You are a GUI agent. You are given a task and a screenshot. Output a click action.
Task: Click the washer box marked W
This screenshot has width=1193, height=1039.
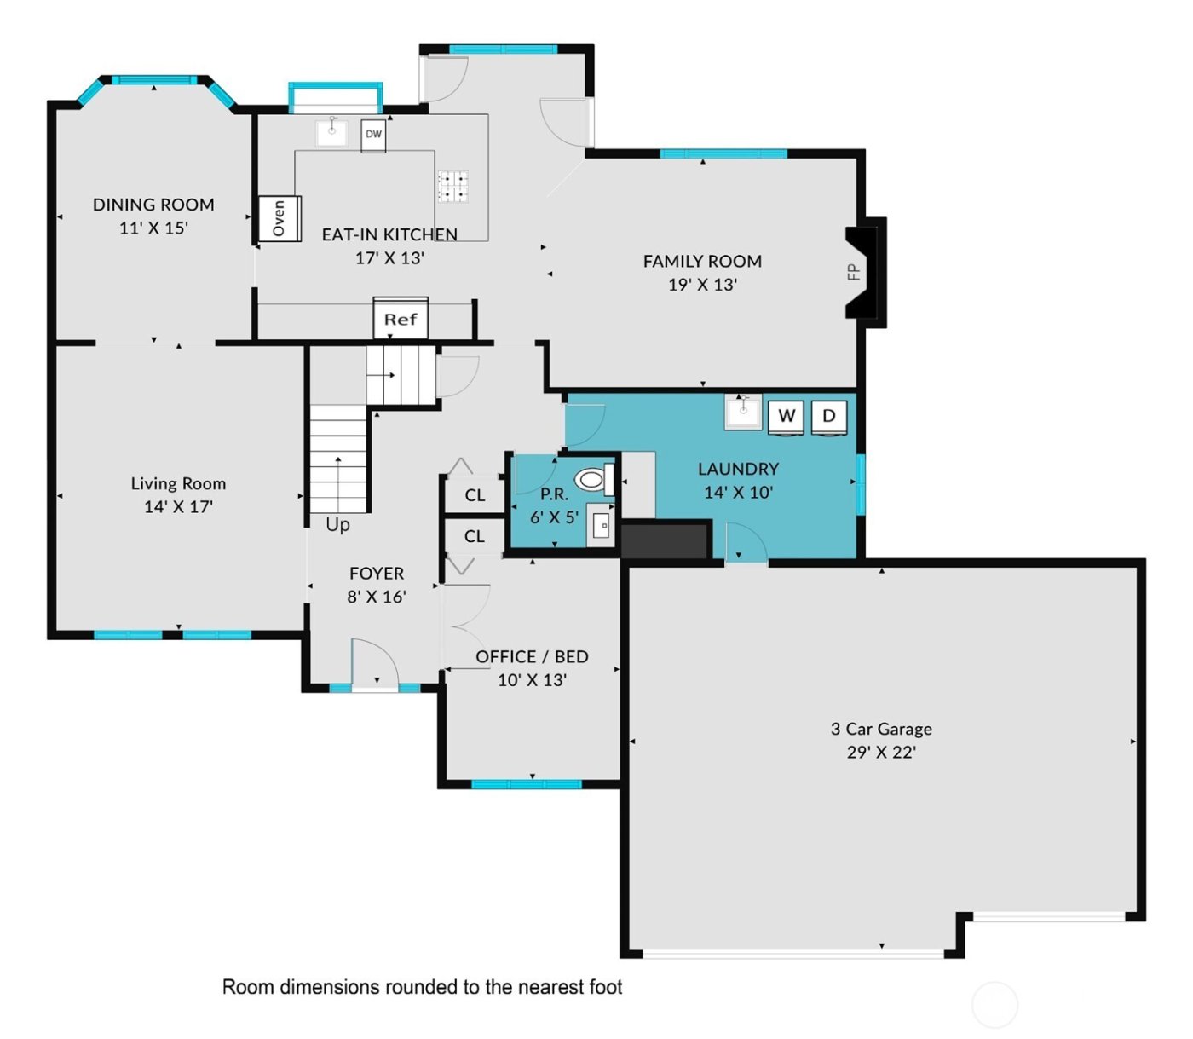coord(787,416)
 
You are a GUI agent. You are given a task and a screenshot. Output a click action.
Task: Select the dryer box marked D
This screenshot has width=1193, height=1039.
coord(828,416)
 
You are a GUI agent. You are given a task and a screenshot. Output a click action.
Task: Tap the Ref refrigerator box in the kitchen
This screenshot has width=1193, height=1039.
coord(401,319)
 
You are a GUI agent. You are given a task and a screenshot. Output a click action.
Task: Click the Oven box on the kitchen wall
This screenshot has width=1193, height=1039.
coord(280,218)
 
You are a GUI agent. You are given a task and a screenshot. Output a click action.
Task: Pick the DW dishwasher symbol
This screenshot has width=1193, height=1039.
coord(373,135)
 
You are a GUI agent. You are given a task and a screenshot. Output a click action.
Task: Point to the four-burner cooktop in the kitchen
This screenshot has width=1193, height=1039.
coord(452,186)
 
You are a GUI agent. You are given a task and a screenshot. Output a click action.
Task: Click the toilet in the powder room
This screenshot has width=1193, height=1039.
coord(593,480)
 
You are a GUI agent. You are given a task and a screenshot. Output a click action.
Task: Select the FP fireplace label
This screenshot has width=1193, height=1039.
coord(853,273)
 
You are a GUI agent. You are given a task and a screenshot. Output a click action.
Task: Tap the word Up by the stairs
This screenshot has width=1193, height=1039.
coord(337,525)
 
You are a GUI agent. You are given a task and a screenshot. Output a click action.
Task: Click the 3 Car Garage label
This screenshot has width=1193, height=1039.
coord(881,729)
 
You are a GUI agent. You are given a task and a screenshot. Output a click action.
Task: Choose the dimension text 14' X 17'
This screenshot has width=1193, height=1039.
coord(178,507)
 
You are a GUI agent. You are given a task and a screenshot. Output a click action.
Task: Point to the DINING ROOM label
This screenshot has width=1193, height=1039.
coord(153,205)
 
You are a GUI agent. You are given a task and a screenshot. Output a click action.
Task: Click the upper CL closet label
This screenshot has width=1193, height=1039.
coord(475,495)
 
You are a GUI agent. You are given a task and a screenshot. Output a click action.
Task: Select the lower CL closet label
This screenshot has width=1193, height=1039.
coord(475,536)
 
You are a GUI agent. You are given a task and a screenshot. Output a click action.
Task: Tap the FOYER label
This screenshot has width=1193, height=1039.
coord(377,574)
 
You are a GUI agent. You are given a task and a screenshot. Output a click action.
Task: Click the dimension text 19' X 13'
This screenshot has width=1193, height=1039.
coord(702,285)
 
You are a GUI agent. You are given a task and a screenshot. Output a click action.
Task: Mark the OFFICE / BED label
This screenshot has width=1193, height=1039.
coord(532,656)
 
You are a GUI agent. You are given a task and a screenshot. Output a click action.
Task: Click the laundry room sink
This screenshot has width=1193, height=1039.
coord(743,412)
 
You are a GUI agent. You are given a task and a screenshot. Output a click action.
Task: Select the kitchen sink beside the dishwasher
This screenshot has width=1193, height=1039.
coord(331,132)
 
